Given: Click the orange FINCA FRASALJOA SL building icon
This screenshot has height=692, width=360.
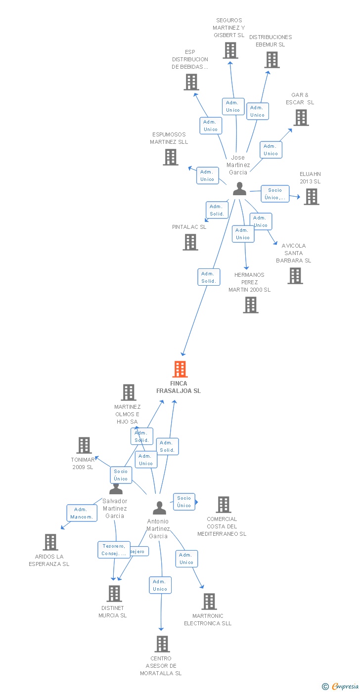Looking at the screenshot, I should [180, 369].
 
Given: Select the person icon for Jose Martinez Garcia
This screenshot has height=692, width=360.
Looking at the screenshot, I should [239, 189].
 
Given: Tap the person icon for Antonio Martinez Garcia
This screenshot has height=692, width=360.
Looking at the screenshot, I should [159, 508].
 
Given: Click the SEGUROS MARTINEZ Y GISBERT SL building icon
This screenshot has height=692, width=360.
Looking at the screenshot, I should [230, 50].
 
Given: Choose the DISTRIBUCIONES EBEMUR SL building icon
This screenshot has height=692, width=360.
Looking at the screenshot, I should [271, 60].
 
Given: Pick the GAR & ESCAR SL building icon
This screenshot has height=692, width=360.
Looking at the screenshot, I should [301, 118].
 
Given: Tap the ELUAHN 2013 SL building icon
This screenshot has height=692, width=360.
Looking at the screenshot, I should [311, 197].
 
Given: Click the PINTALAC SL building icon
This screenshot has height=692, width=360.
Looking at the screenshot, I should [190, 242].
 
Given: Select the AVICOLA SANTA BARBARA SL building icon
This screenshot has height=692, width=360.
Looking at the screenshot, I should [295, 276].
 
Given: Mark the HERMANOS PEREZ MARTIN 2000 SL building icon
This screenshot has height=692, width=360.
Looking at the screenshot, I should [251, 305].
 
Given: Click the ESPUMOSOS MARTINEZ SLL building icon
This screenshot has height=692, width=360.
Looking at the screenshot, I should [171, 157].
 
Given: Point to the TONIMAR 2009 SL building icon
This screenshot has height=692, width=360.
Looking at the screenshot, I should [84, 445].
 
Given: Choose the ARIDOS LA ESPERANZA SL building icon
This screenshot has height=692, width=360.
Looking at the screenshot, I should [50, 542].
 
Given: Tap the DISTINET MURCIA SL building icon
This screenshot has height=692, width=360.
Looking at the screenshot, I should [114, 594].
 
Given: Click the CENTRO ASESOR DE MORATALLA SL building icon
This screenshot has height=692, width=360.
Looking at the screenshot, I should [162, 644].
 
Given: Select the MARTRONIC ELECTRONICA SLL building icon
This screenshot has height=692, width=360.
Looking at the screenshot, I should [209, 602].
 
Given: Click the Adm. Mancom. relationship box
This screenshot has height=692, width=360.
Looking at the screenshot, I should [82, 513].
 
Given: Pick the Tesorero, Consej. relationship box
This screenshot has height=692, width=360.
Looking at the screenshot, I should [114, 550].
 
